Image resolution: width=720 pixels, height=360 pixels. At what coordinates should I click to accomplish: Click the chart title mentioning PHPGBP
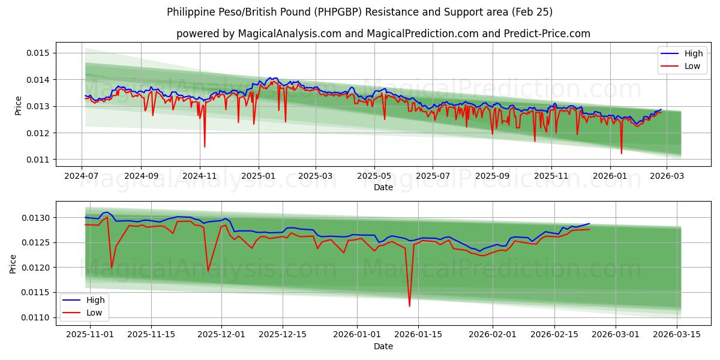pyautogui.click(x=360, y=12)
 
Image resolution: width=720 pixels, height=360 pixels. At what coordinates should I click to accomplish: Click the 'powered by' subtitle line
pyautogui.click(x=383, y=34)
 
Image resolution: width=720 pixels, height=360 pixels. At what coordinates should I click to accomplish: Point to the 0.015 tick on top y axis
pyautogui.click(x=37, y=53)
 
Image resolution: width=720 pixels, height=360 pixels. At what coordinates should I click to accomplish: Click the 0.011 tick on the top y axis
pyautogui.click(x=37, y=160)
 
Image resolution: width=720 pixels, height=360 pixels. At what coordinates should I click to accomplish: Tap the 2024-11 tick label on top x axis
pyautogui.click(x=200, y=176)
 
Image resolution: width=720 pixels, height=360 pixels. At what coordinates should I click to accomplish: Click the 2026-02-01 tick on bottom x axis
pyautogui.click(x=492, y=335)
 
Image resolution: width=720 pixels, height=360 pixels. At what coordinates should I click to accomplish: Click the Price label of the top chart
pyautogui.click(x=19, y=106)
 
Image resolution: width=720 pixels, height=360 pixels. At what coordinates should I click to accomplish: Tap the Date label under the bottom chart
pyautogui.click(x=383, y=346)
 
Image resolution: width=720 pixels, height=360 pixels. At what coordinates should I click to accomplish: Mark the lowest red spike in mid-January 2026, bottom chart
pyautogui.click(x=410, y=306)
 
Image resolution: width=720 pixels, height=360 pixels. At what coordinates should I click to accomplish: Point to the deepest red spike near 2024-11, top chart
pyautogui.click(x=205, y=146)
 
